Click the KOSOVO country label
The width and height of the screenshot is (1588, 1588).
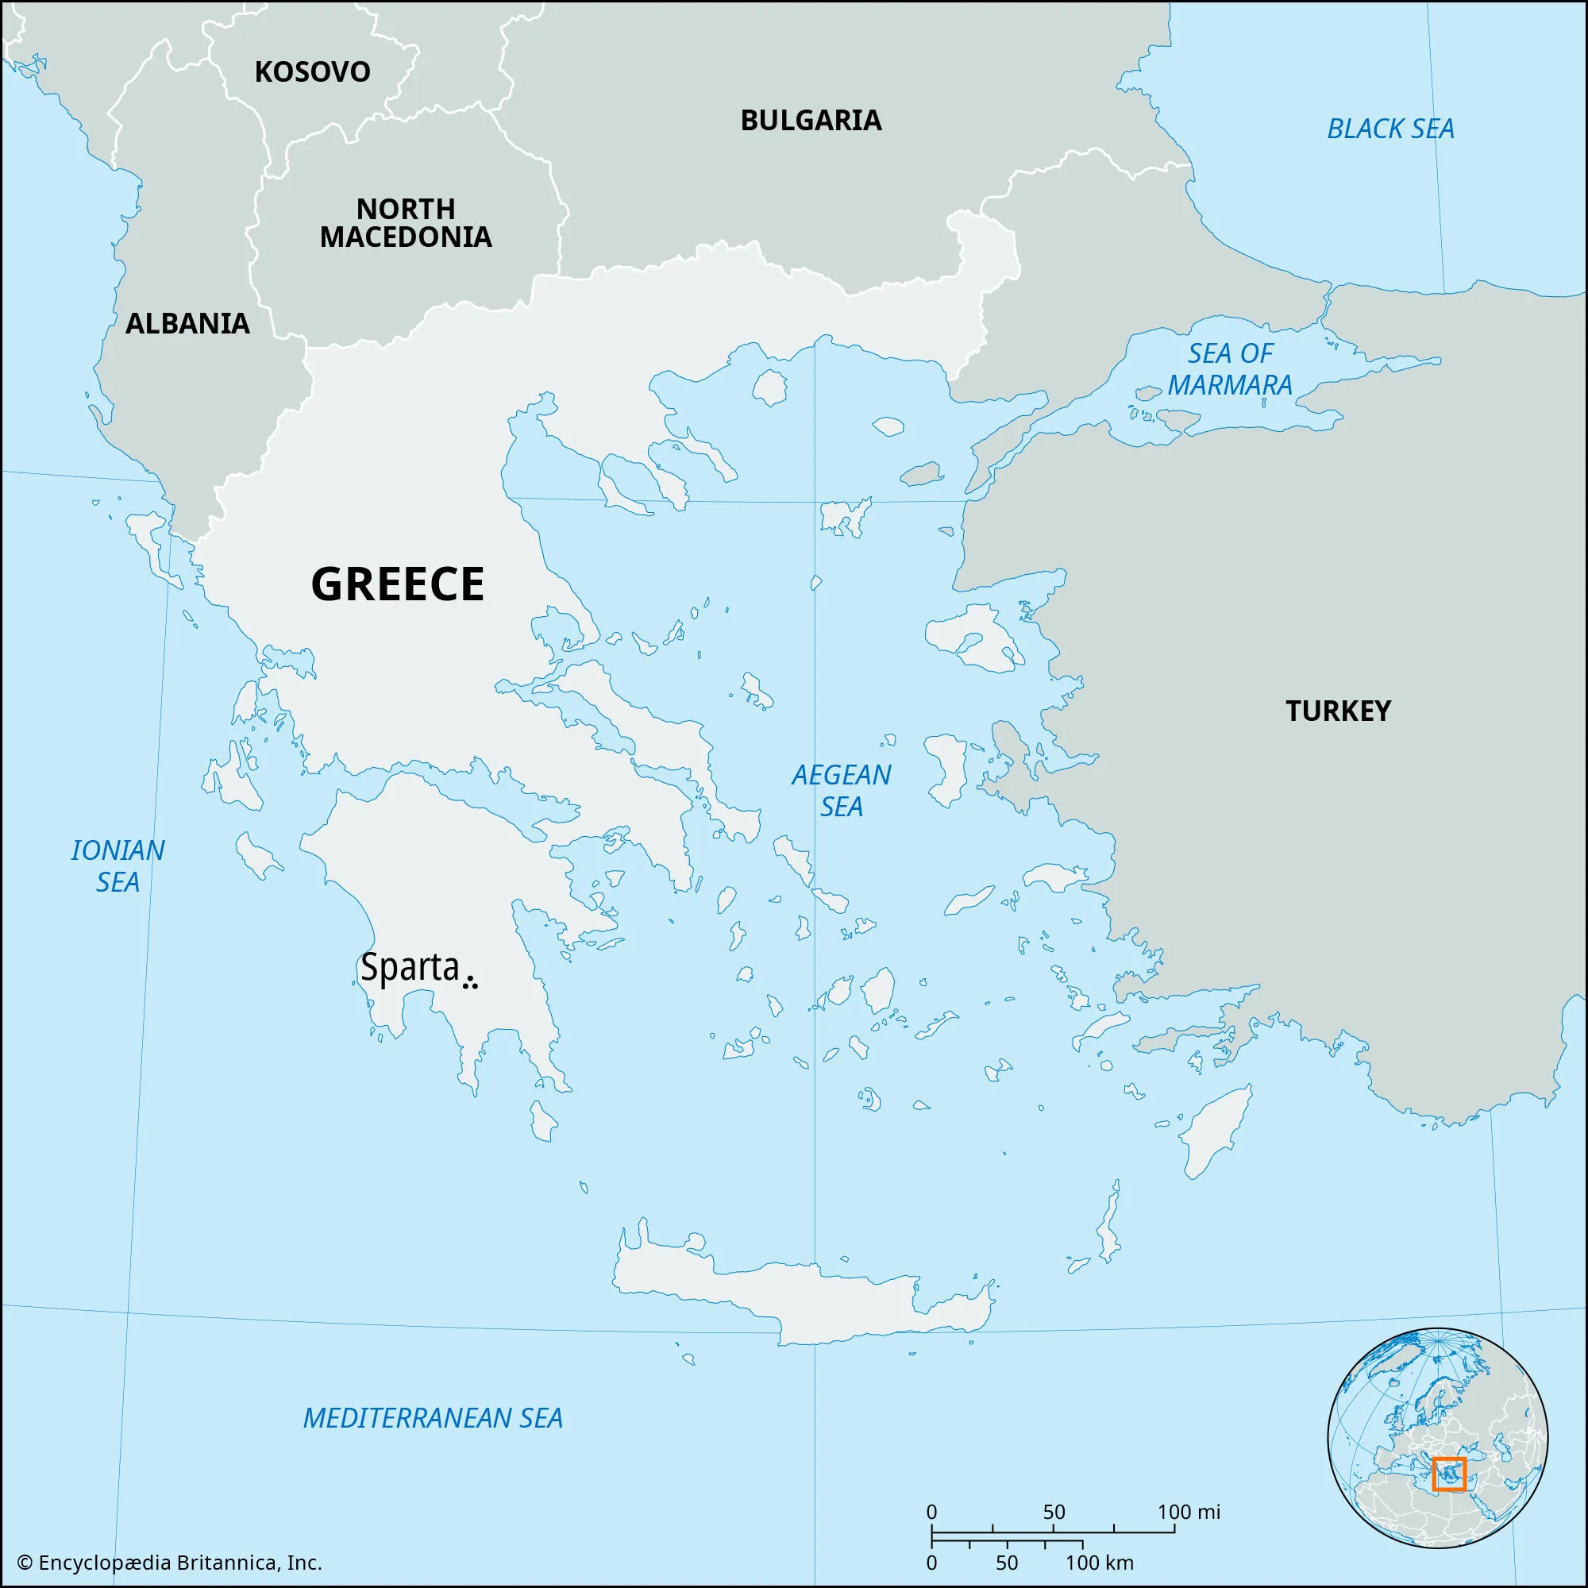[x=312, y=72]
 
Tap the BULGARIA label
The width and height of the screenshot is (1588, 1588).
[x=811, y=121]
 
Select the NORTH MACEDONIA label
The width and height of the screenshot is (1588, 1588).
[x=405, y=223]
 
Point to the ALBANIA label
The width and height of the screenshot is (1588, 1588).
[x=187, y=324]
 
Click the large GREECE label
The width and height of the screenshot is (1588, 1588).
[x=398, y=584]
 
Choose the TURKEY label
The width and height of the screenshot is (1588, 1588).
[x=1337, y=711]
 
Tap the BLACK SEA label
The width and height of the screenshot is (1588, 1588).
[x=1390, y=129]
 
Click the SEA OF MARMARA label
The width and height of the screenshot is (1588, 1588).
[x=1230, y=369]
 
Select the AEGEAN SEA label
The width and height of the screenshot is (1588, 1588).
[x=841, y=790]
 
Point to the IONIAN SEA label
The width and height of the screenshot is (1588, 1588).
[x=118, y=865]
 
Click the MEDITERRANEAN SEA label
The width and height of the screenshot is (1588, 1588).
[x=433, y=1419]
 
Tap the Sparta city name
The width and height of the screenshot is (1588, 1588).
[x=410, y=967]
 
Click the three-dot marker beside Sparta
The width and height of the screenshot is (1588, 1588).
[x=470, y=981]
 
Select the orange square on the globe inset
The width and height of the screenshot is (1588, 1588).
[x=1448, y=1474]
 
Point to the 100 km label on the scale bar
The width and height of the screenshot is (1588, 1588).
[x=1099, y=1563]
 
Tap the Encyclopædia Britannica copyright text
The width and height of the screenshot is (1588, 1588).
[x=169, y=1563]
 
